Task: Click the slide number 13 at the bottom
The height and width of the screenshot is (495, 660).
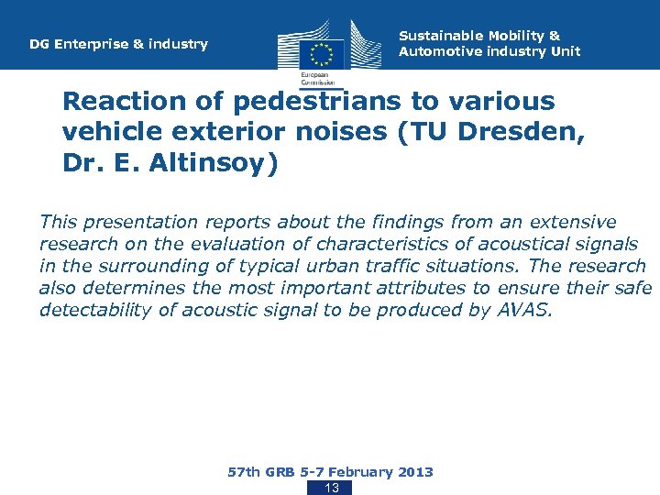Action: (332, 488)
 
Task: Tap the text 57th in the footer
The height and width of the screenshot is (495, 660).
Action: (243, 472)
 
